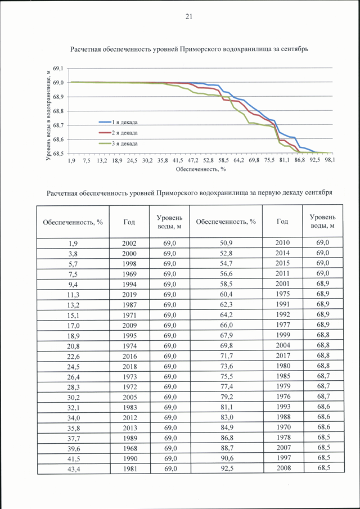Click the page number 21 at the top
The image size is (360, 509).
189,17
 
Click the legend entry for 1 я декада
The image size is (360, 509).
118,123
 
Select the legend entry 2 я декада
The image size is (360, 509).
118,133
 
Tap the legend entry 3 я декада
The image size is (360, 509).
118,143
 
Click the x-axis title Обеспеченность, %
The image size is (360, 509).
201,169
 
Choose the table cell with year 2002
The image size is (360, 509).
129,244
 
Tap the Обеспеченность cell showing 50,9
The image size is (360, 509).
226,243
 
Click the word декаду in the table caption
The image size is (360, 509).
290,193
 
